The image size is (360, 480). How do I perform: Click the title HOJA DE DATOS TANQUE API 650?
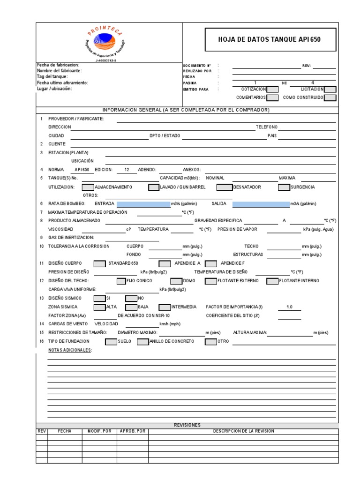point(270,39)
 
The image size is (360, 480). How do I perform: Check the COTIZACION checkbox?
point(272,89)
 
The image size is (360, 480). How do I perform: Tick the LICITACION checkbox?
point(330,89)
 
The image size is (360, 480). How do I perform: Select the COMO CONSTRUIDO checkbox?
point(330,97)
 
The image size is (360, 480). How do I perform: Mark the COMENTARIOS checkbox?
point(272,97)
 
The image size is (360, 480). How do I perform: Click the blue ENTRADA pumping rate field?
point(143,204)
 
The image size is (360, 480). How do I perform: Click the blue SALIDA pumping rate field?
point(261,204)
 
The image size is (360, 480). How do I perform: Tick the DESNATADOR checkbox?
point(225,187)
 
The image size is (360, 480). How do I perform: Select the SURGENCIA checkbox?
point(284,187)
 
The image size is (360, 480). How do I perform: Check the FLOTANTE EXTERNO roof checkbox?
point(211,281)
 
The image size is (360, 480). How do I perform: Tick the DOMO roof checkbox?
point(176,281)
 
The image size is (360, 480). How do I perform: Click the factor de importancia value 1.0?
point(289,307)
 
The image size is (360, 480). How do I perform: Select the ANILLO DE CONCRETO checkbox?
point(142,341)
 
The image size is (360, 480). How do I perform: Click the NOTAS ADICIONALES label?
point(70,350)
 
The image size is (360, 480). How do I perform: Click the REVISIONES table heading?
point(187,425)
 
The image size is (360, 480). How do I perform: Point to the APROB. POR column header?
point(133,431)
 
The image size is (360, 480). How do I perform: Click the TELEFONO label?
point(266,127)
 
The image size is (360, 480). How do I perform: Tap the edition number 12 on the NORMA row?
point(127,170)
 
